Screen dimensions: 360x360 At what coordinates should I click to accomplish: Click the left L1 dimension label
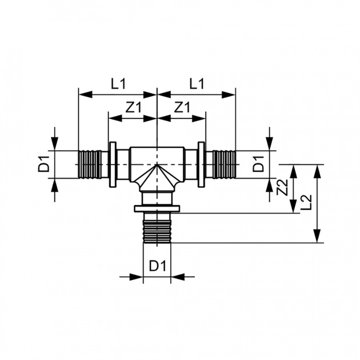click(x=119, y=84)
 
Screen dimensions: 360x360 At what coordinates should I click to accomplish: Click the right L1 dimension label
click(x=197, y=84)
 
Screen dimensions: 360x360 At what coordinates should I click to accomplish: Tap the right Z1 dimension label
click(x=182, y=107)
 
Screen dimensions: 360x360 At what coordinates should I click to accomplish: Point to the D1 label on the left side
click(x=44, y=164)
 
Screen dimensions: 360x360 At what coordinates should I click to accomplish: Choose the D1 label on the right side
click(x=258, y=164)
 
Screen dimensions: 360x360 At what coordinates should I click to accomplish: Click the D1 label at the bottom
click(x=158, y=266)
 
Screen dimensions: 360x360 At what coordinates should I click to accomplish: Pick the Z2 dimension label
click(x=282, y=187)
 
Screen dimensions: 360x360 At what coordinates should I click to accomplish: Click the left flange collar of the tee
click(x=112, y=164)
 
